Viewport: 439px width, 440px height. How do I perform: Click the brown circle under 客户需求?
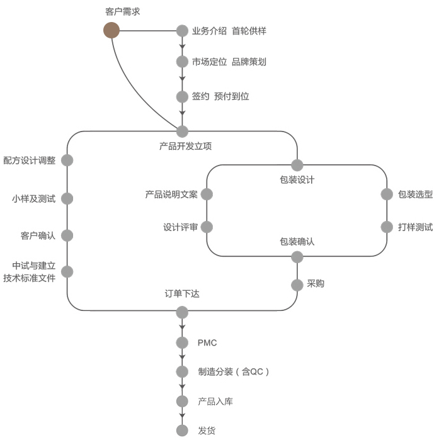111,30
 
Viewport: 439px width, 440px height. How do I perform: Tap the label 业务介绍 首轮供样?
225,30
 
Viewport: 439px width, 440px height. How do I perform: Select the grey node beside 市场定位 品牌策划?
183,62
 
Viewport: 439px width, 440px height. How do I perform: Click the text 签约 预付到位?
220,97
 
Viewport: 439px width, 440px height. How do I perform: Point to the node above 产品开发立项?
183,132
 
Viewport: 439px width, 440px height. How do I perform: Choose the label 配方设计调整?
29,161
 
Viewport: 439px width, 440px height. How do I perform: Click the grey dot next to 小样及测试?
67,199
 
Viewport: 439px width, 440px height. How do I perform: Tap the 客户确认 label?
38,236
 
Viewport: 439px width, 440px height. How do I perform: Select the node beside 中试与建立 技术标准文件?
67,272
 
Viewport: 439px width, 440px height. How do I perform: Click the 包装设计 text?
297,180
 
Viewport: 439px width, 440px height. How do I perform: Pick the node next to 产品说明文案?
207,195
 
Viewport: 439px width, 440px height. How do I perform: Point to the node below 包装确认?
297,257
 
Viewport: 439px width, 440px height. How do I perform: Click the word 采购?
316,285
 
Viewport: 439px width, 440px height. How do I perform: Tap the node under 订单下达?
183,312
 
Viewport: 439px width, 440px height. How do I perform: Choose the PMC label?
207,343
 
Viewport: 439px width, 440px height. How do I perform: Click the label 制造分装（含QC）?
234,372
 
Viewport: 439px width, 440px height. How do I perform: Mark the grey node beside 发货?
183,431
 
